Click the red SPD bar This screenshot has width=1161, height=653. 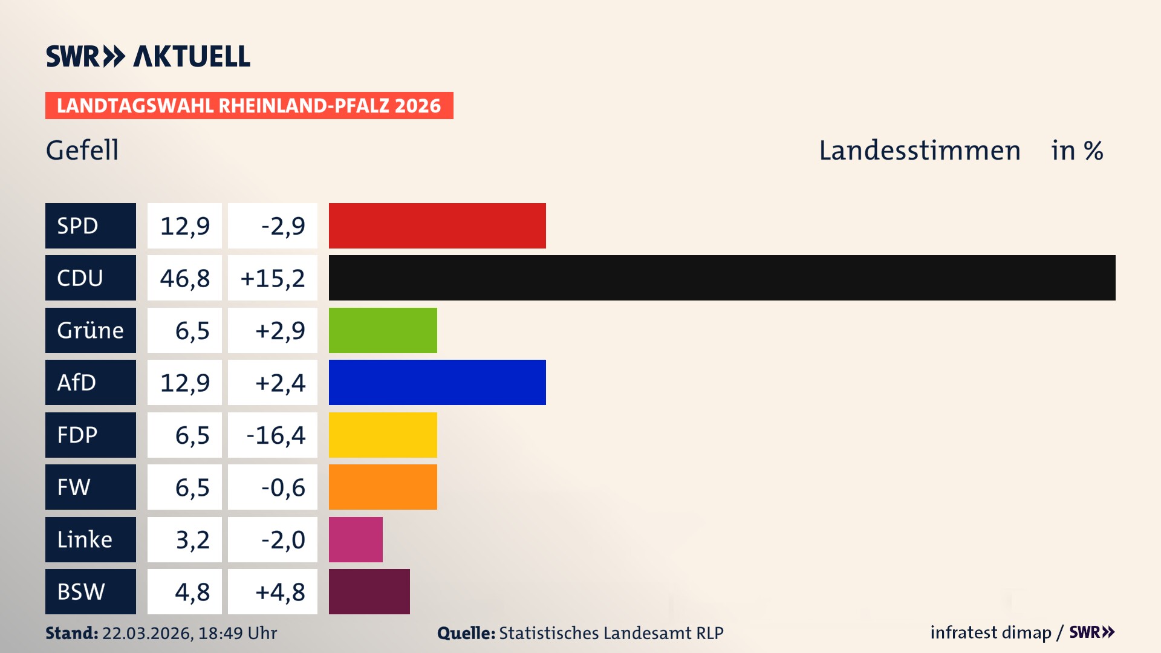tap(437, 226)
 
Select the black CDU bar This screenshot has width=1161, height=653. tap(722, 278)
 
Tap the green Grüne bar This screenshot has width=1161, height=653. tap(383, 330)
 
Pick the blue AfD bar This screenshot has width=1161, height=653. tap(437, 382)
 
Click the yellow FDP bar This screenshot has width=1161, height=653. tap(383, 435)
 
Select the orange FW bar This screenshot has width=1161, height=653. tap(383, 487)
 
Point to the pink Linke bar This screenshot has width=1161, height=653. tap(356, 539)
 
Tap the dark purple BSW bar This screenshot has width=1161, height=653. tap(369, 591)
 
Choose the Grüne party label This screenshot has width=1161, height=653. tap(91, 330)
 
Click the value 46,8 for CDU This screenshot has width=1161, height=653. tap(184, 278)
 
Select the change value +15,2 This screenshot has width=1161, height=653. tap(273, 278)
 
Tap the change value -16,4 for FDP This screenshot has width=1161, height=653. tap(276, 435)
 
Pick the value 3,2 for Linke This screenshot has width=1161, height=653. tap(192, 540)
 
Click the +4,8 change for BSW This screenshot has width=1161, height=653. tap(280, 592)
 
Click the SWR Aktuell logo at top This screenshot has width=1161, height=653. tap(148, 56)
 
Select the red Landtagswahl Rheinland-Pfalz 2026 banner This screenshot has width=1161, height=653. tap(249, 106)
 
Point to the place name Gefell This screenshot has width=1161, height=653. tap(82, 150)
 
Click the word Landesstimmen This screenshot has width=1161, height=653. tap(919, 151)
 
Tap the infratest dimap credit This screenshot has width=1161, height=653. tap(990, 632)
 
